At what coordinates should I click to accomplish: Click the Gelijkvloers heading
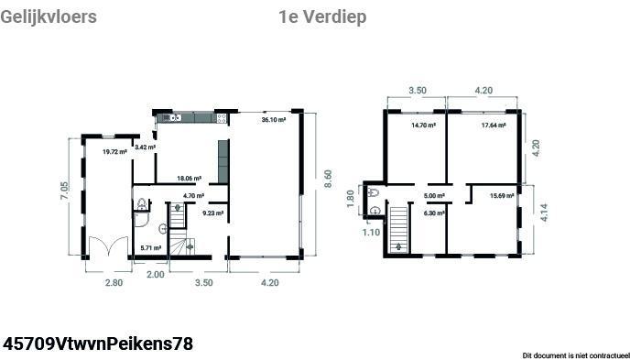point(49,17)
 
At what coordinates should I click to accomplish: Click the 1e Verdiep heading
point(322,16)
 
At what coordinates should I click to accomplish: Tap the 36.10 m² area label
point(274,119)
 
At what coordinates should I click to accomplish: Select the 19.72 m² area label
point(114,151)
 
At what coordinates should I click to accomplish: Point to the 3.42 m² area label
point(145,147)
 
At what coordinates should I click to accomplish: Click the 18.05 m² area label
point(190,179)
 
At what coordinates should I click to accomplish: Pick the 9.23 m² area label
point(213,213)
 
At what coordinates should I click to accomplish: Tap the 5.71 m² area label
point(151,248)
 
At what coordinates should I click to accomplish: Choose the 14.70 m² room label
point(423,125)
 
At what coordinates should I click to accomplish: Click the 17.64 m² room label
point(494,125)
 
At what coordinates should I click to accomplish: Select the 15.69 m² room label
point(502,196)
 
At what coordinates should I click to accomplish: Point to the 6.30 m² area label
point(434,213)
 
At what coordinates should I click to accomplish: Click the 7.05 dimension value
point(64,191)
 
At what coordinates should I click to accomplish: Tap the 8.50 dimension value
point(328,180)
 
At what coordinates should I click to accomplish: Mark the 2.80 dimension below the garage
point(114,282)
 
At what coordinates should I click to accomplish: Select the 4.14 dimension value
point(544,213)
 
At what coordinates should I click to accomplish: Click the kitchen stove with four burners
point(222,118)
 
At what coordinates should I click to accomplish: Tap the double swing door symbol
point(108,246)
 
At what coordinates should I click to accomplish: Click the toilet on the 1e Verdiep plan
point(373,192)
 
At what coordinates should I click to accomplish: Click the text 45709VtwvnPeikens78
point(98,344)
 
